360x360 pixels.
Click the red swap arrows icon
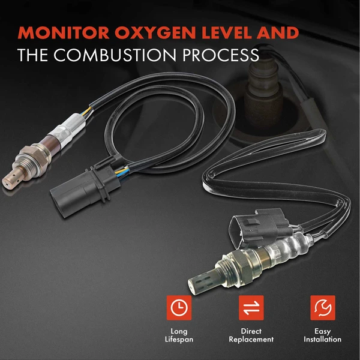[248, 308]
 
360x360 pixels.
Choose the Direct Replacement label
[248, 335]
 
